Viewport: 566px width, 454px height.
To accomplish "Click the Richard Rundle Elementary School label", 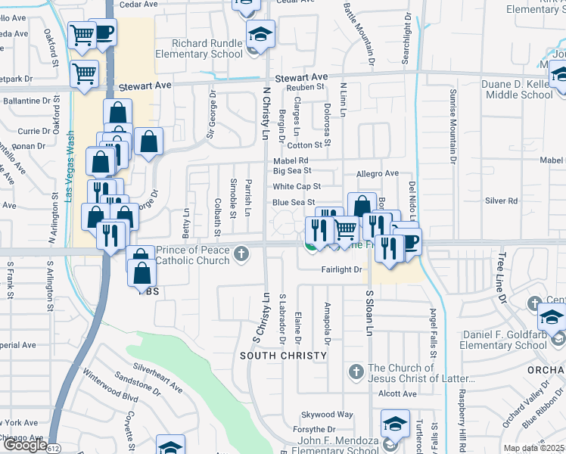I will tap(200, 49).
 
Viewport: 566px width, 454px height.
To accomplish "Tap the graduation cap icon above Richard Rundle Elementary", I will tap(260, 35).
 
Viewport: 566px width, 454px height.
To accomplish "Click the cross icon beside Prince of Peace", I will tap(242, 253).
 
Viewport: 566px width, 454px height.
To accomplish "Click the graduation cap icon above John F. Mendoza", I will tap(394, 424).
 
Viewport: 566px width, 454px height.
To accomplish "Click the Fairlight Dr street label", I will tap(343, 269).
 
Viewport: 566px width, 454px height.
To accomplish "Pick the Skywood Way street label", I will tap(328, 415).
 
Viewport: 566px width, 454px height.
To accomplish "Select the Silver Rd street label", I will tap(502, 201).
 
